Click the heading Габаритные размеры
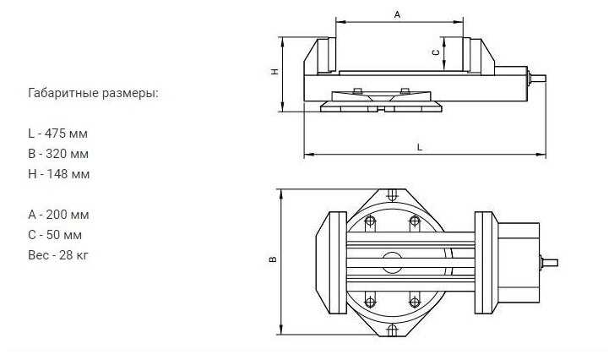(x=93, y=93)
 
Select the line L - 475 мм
(x=57, y=134)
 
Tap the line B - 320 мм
(x=58, y=154)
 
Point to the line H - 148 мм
(x=58, y=174)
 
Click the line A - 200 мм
(x=58, y=215)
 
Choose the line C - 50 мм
(x=55, y=235)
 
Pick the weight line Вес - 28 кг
(x=58, y=255)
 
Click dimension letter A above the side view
(x=398, y=14)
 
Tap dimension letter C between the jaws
(x=436, y=52)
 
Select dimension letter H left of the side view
(x=275, y=73)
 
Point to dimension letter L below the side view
(x=420, y=147)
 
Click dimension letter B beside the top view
(x=272, y=260)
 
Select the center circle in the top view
(x=391, y=262)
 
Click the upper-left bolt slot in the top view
(x=370, y=224)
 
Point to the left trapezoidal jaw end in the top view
(x=327, y=261)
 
